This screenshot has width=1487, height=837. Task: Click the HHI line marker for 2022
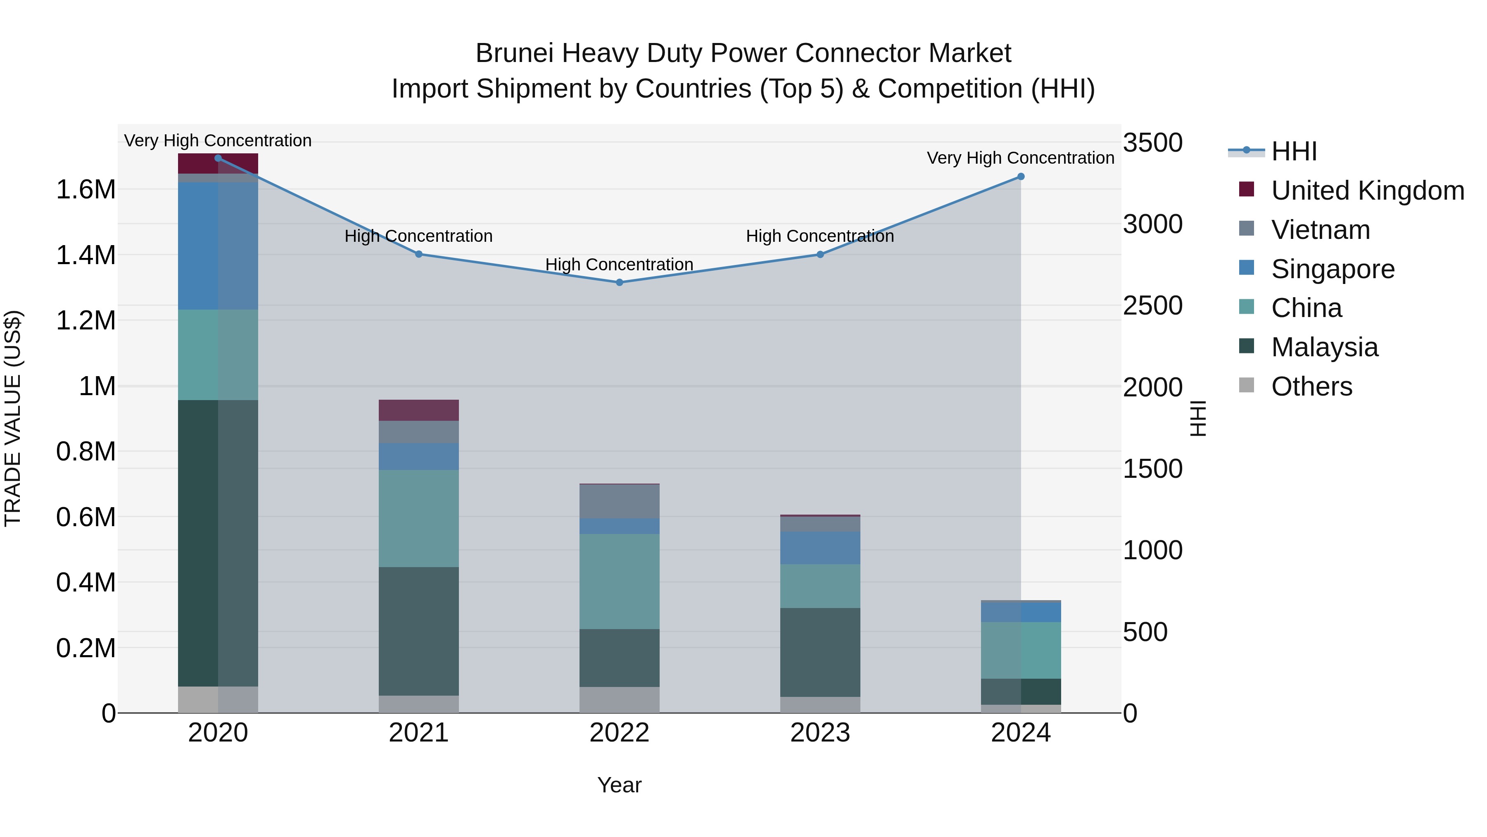coord(620,282)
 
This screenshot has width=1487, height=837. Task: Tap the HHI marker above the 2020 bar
coord(218,158)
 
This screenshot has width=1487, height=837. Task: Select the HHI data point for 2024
coord(1021,177)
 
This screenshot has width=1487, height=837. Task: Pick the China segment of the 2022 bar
coord(620,581)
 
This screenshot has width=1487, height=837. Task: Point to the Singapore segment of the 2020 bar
coord(218,246)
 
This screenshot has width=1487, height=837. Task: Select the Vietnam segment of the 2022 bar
coord(620,501)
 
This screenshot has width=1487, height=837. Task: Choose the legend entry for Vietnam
coord(1320,230)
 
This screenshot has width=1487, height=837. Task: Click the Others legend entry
coord(1311,386)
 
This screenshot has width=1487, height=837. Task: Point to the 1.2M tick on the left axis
coord(86,321)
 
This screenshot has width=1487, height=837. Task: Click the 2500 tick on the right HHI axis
coord(1152,306)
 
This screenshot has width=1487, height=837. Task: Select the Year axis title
coord(620,785)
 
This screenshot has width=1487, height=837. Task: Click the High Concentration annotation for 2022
coord(620,265)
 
